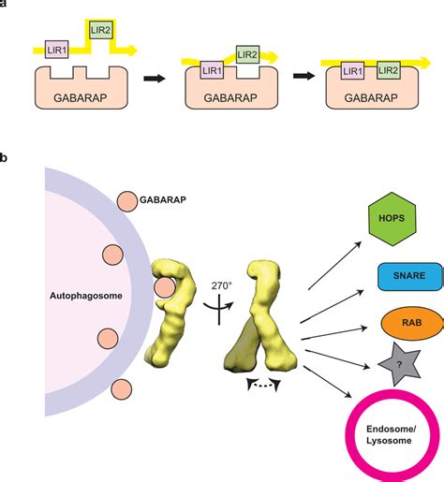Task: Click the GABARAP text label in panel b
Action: pyautogui.click(x=165, y=201)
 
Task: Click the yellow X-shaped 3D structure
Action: pyautogui.click(x=264, y=322)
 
